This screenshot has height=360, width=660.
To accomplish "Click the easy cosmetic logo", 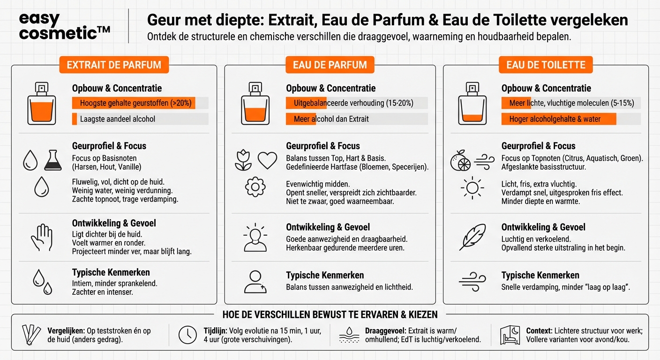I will [64, 27].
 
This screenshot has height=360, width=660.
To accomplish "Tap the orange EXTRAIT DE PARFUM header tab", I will [114, 65].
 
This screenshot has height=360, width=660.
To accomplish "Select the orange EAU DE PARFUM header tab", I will [330, 65].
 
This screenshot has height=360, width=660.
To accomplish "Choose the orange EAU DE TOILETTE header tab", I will [546, 65].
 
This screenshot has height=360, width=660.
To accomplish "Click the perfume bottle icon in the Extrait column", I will [41, 104].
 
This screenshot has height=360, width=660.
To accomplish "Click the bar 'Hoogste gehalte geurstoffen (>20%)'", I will [140, 103].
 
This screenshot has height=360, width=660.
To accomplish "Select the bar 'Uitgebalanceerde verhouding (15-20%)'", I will [356, 103].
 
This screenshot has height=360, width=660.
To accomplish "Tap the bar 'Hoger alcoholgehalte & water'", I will [558, 119].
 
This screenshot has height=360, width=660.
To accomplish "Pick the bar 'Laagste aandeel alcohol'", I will [140, 119].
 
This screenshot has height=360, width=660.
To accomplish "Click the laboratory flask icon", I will [53, 160].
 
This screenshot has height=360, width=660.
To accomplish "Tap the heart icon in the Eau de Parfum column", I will [267, 160].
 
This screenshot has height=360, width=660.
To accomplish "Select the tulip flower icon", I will [243, 160].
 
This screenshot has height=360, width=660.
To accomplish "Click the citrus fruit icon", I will [460, 161].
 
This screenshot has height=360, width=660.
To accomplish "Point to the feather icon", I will [472, 237].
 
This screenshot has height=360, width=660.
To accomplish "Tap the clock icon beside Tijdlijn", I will [187, 335].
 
